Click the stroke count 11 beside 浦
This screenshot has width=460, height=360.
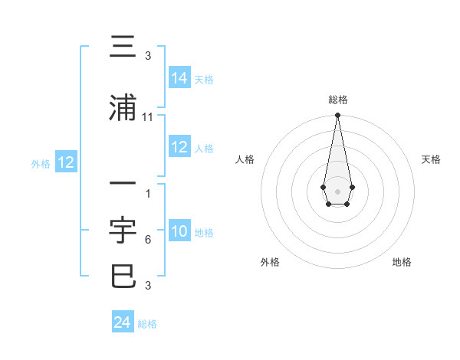point(148,116)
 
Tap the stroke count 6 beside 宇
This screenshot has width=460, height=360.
point(148,240)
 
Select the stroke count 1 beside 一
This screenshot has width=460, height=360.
point(148,193)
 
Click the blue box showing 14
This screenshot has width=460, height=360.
point(179,77)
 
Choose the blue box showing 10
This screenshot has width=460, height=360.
point(179,231)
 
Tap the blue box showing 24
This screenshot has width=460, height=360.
point(123,322)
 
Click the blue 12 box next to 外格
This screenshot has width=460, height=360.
point(66,162)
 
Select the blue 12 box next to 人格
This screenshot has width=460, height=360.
point(179,147)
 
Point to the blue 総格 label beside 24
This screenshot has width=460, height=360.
point(147,324)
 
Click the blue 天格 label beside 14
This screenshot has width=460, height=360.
point(204,79)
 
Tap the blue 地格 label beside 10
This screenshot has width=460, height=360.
point(204,233)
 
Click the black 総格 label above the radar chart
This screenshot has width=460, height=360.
point(337,100)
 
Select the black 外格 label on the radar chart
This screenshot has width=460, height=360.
point(270,262)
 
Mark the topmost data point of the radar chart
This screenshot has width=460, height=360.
point(337,116)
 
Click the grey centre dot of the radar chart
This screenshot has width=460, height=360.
point(337,190)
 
